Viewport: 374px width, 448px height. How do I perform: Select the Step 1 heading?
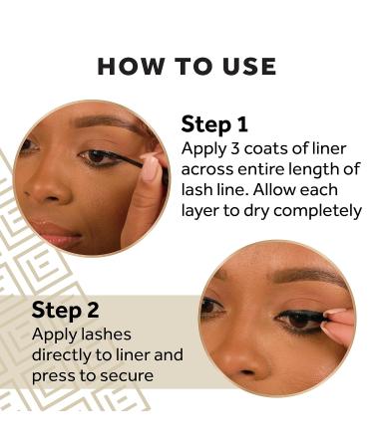pyautogui.click(x=214, y=124)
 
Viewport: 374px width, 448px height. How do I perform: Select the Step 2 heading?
pyautogui.click(x=66, y=310)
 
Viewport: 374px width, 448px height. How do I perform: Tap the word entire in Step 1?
pyautogui.click(x=259, y=169)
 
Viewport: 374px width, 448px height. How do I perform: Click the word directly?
pyautogui.click(x=66, y=355)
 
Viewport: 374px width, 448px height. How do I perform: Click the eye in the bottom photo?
pyautogui.click(x=295, y=321)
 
